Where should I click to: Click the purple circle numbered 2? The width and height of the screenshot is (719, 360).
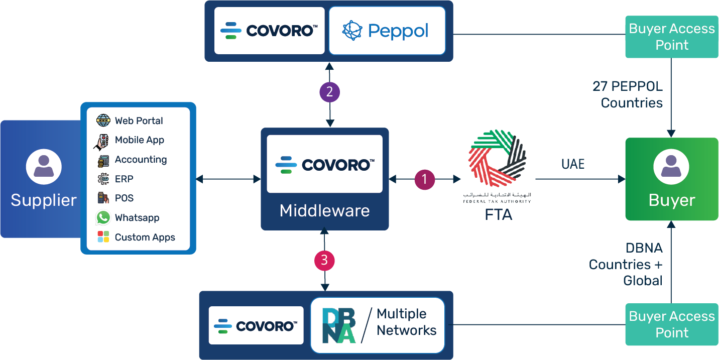point(330,92)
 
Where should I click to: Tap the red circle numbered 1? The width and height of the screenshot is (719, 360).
point(424,179)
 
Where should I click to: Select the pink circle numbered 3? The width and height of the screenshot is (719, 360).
point(324,260)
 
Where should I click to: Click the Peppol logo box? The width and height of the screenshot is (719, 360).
point(387,31)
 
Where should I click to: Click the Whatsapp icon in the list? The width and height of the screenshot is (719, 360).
point(103,217)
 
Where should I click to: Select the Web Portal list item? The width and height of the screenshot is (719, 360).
point(139,121)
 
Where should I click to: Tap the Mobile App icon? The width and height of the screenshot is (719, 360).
point(102,141)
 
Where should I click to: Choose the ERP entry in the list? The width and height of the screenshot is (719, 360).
point(124,179)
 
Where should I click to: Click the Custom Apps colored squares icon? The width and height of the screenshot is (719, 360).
point(103,237)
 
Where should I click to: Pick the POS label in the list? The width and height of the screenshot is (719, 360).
point(125,198)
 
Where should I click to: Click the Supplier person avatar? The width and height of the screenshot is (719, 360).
point(44,166)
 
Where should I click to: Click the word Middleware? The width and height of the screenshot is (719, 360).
point(324,210)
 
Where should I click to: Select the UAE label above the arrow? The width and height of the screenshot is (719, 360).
point(573,164)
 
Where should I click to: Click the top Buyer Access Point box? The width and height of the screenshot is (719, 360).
point(672,37)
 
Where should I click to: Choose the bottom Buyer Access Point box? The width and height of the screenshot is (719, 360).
point(672,324)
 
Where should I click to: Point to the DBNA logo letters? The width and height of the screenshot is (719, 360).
point(338,325)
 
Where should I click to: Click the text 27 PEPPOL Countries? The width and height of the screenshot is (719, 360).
point(628,94)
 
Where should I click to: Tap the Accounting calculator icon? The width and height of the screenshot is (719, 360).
point(103,160)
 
